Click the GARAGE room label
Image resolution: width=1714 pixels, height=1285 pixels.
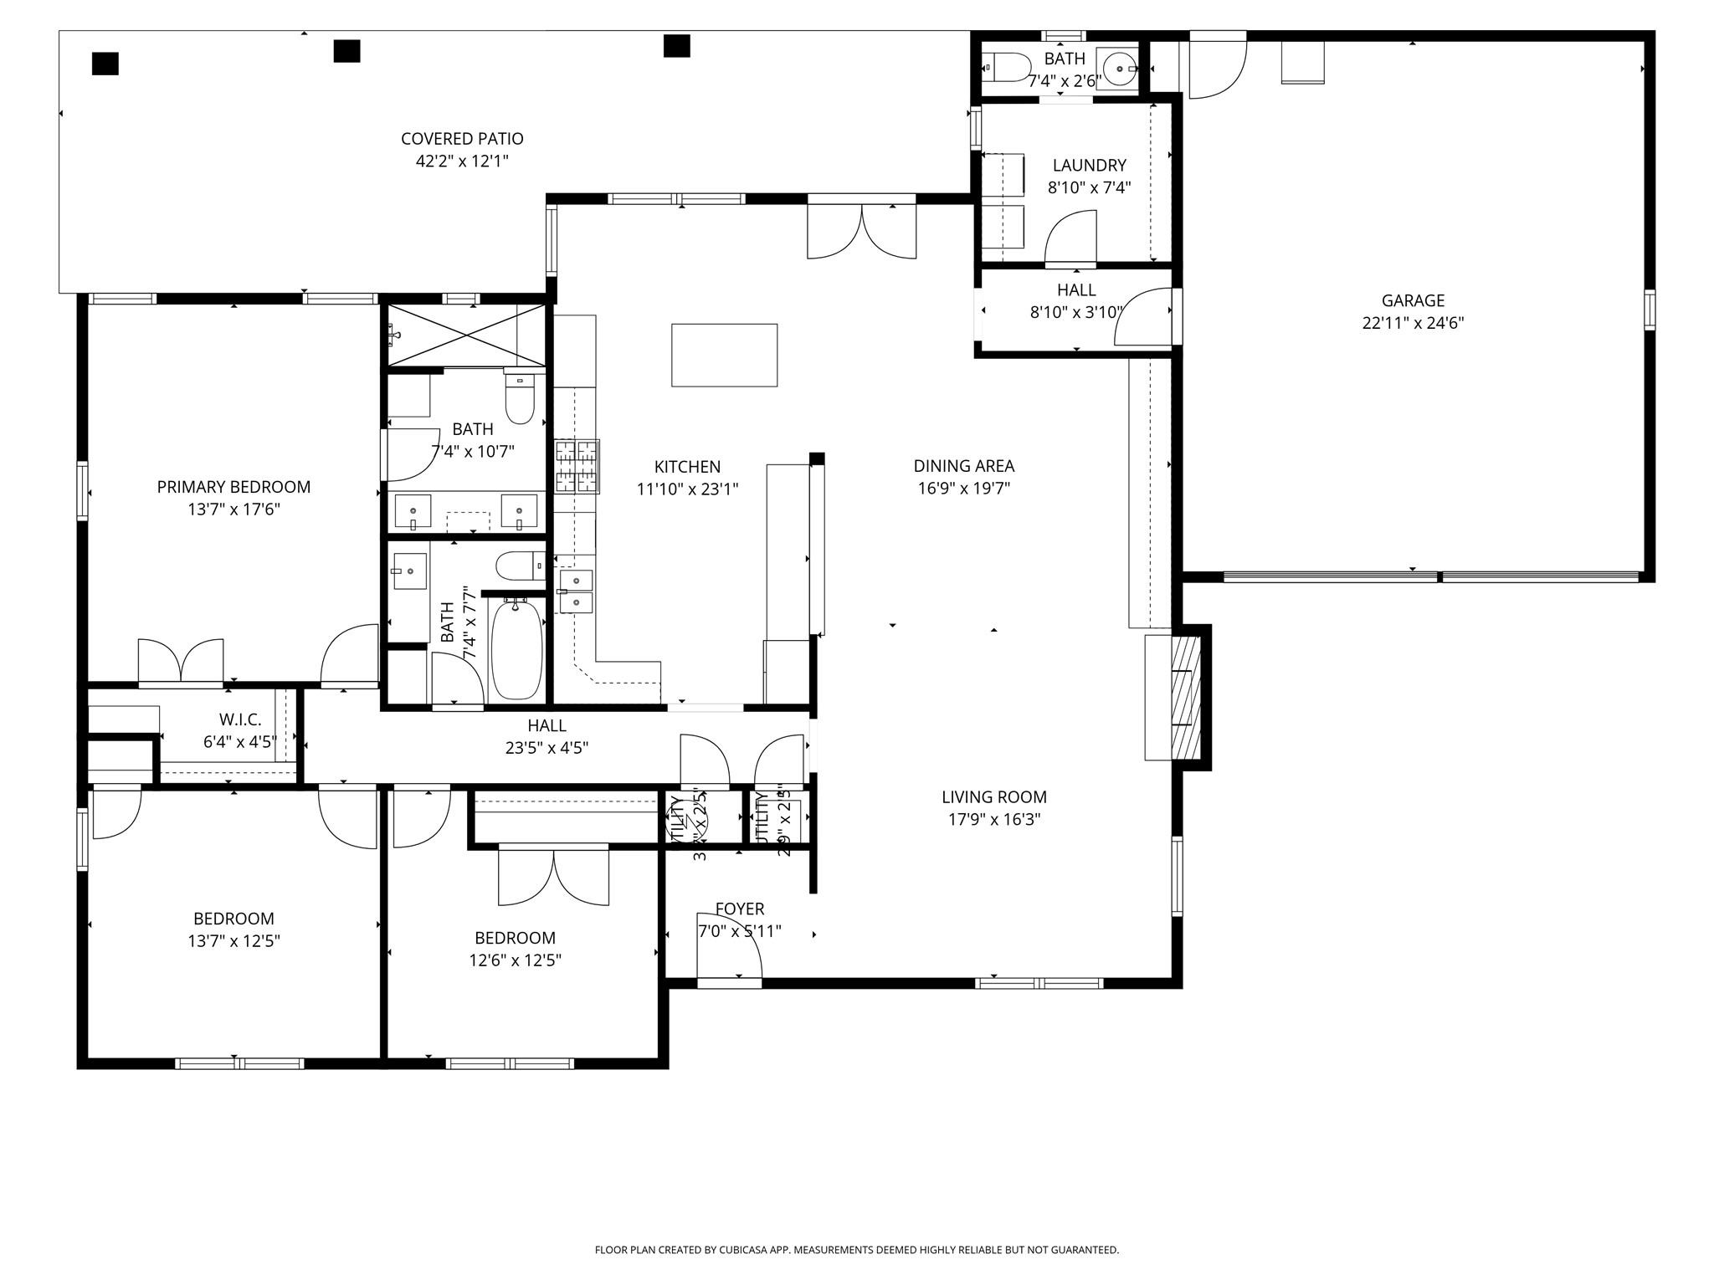coord(1413,300)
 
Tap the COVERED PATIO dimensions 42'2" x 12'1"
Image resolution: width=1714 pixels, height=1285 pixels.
coord(462,161)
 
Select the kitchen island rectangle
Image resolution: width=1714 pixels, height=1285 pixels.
coord(724,355)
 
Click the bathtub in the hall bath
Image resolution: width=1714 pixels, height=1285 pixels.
coord(516,649)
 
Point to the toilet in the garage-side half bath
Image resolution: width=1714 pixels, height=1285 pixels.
coord(1007,66)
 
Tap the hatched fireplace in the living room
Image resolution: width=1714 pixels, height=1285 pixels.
coord(1185,697)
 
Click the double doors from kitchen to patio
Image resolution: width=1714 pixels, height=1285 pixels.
coord(861,232)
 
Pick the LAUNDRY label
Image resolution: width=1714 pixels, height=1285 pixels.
coord(1089,166)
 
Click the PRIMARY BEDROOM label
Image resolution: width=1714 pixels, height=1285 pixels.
coord(233,487)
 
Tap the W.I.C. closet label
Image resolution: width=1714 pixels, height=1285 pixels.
coord(240,719)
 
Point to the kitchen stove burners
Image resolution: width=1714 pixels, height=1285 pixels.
coord(577,466)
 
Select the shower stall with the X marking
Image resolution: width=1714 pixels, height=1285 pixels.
coord(465,335)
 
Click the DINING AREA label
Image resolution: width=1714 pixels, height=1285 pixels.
coord(963,466)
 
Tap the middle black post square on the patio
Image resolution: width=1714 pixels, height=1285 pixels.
coord(346,51)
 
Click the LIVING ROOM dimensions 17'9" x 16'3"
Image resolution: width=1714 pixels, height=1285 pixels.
coord(993,819)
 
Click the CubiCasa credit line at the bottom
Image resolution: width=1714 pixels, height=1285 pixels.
coord(856,1250)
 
